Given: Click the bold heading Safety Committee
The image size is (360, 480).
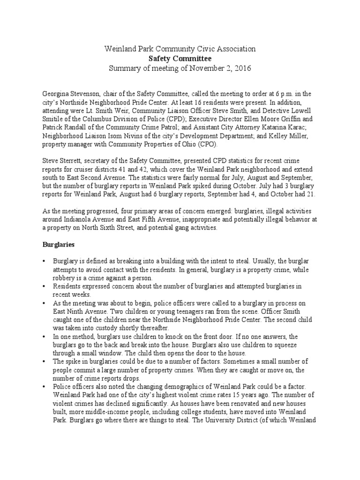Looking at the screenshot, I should tap(180, 59).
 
